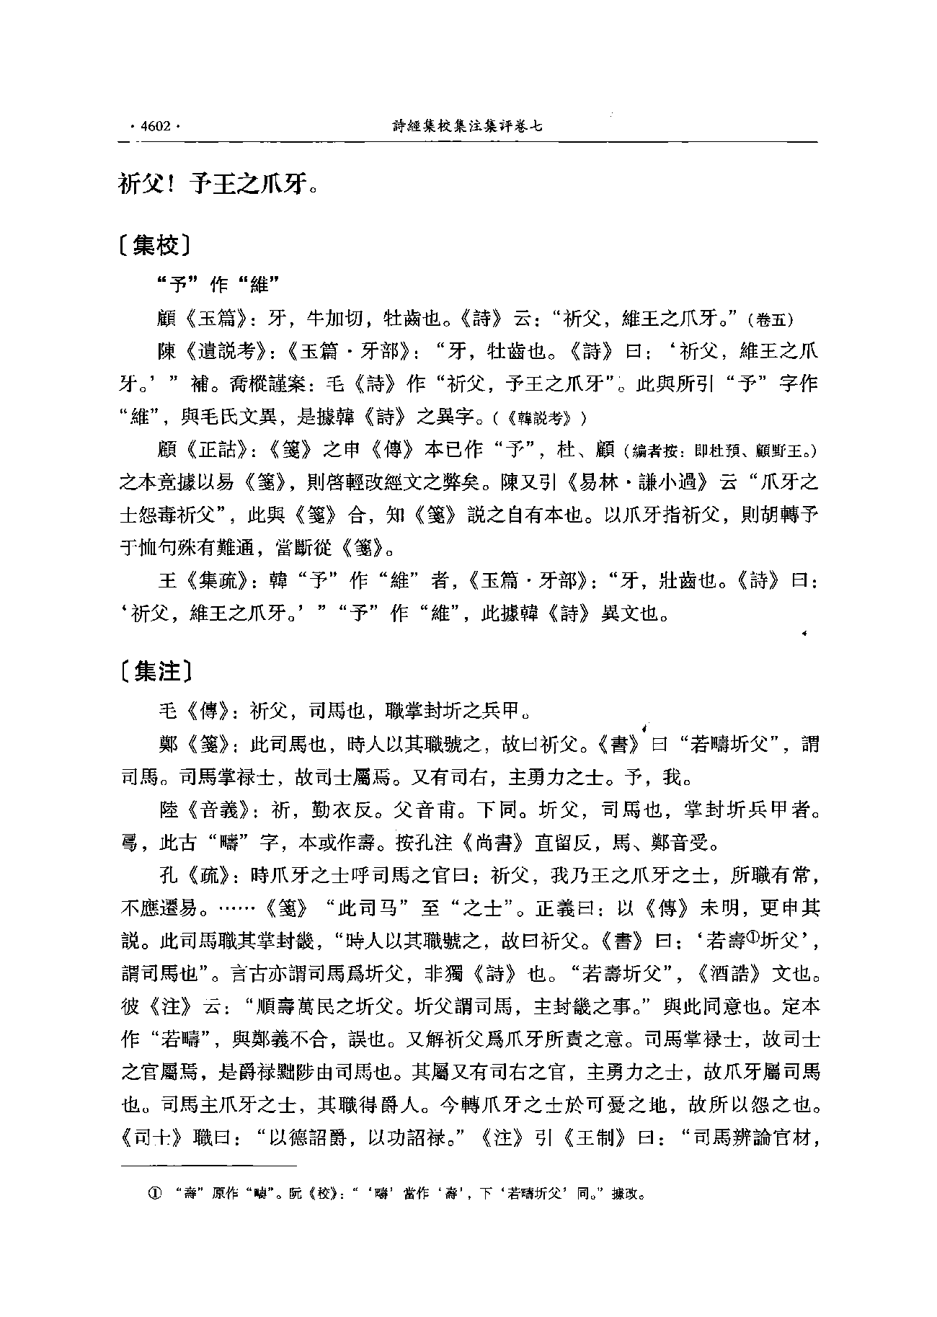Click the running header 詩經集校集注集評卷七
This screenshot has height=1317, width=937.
pyautogui.click(x=467, y=127)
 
